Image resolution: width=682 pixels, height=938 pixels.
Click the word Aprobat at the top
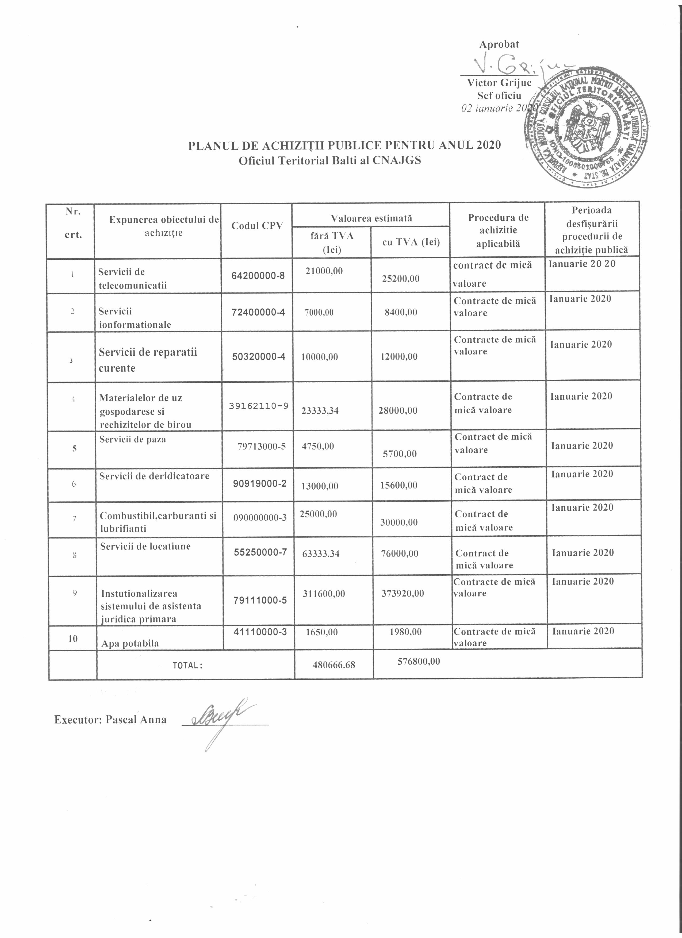pyautogui.click(x=499, y=44)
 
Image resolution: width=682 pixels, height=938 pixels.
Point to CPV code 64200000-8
pyautogui.click(x=258, y=276)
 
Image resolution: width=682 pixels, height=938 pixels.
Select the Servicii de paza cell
pyautogui.click(x=133, y=440)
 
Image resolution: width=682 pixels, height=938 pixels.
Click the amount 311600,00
pyautogui.click(x=323, y=594)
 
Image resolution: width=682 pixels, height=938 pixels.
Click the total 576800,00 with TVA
pyautogui.click(x=419, y=661)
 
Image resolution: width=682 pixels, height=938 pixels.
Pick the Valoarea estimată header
pyautogui.click(x=371, y=218)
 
